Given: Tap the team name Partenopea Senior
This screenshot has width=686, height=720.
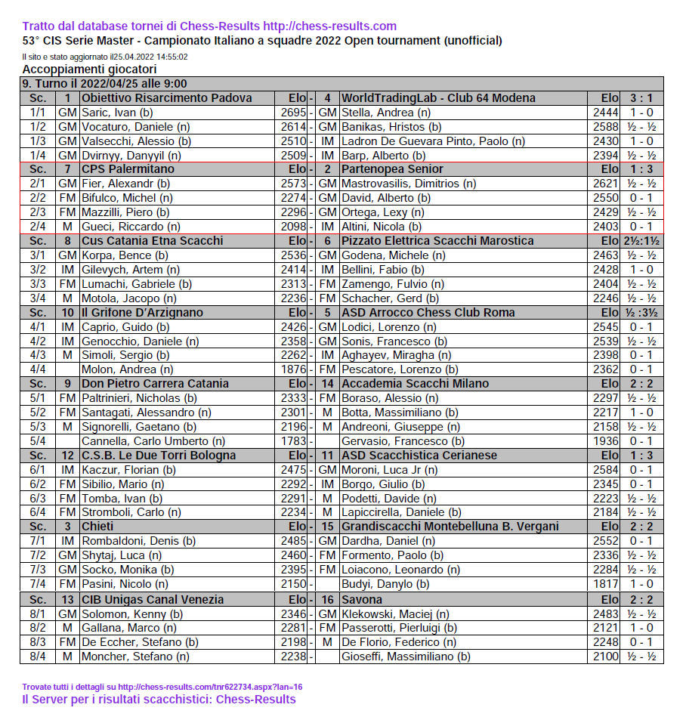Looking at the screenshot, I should click(392, 169).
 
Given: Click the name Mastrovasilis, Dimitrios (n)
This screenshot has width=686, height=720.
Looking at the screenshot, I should click(408, 184).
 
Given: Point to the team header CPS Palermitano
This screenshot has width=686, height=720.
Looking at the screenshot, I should click(128, 169).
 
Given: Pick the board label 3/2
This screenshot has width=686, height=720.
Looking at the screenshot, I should click(38, 269).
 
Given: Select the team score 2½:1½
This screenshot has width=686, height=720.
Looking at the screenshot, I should click(641, 241).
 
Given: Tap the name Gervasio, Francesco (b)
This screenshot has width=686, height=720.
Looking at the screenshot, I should click(403, 441).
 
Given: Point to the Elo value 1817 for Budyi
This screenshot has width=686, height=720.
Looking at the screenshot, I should click(601, 584).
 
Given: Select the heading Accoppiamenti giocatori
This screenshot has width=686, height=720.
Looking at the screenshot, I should click(89, 70).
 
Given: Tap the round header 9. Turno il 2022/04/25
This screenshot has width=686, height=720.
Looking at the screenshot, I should click(104, 84).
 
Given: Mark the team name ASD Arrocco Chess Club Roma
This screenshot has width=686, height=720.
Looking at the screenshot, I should click(428, 312).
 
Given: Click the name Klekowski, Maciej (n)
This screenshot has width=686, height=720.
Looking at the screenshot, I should click(395, 613).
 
